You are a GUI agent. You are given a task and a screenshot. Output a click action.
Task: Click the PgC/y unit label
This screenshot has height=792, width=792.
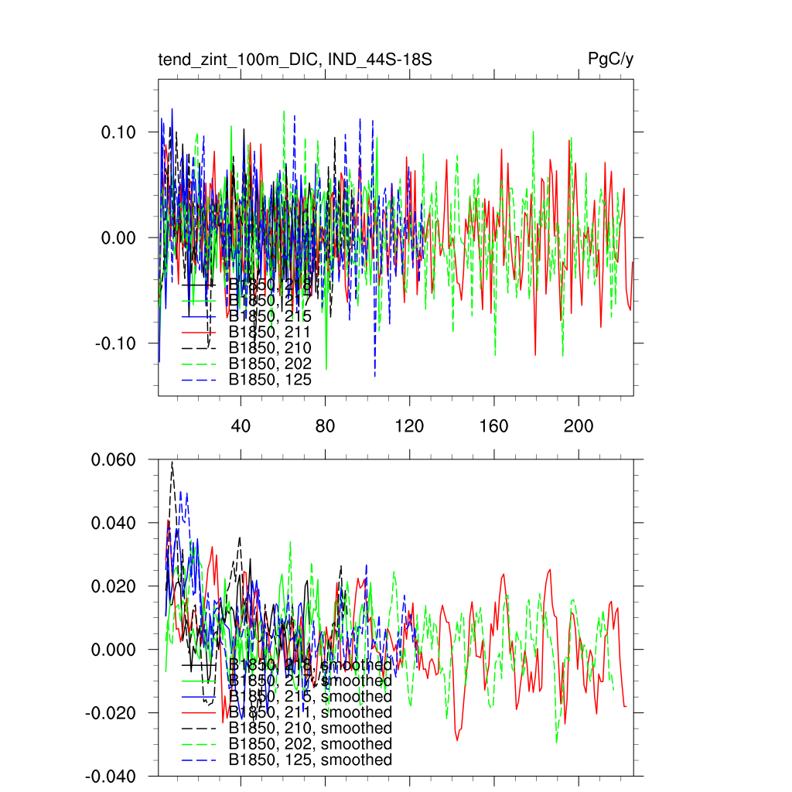tap(611, 60)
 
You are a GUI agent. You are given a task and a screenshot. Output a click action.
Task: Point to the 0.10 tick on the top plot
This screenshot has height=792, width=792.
tap(118, 132)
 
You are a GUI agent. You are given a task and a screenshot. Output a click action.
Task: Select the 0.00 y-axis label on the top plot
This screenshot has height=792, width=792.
tap(118, 238)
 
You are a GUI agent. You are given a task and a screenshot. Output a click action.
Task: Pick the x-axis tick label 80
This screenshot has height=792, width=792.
tap(325, 426)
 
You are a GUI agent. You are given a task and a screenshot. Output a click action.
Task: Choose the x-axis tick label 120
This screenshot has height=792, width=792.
tap(409, 426)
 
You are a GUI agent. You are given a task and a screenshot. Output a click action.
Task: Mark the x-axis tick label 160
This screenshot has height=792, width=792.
tap(493, 426)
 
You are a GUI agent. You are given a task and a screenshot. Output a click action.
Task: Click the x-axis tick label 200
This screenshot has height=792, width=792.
tap(578, 426)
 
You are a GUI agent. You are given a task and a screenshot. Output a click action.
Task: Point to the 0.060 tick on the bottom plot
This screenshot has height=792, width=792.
tap(114, 460)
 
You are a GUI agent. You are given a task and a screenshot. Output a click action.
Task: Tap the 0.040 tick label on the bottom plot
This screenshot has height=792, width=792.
tap(114, 524)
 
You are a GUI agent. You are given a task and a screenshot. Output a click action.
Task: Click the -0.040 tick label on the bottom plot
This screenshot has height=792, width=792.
tap(111, 777)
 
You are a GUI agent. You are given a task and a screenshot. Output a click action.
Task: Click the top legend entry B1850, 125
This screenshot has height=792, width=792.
tap(270, 380)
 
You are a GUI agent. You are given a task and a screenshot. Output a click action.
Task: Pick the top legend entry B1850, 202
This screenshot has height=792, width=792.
tap(270, 364)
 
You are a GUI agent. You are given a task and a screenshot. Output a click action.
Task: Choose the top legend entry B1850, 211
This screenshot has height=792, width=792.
tap(270, 332)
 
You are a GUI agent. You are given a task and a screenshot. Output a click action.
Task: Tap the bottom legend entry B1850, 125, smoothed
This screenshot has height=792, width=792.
tap(310, 760)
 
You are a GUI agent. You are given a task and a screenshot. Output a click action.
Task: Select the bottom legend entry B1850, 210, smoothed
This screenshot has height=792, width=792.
tap(310, 729)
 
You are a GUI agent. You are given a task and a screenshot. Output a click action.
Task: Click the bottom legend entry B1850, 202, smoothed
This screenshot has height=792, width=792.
tap(310, 744)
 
